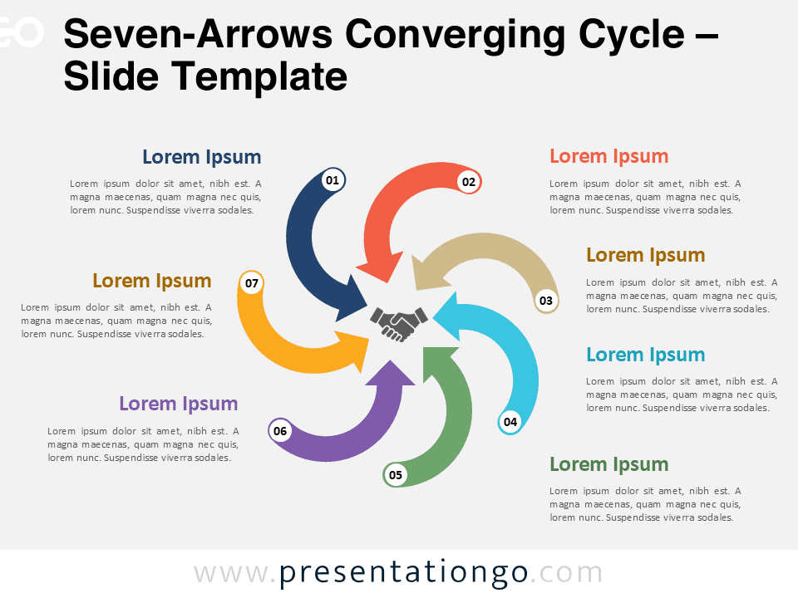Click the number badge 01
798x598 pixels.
click(x=332, y=179)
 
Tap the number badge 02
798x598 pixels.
click(x=469, y=182)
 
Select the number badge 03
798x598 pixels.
click(x=545, y=301)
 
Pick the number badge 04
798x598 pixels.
click(x=510, y=422)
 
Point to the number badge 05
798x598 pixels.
click(x=396, y=475)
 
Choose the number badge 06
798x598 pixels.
click(x=280, y=431)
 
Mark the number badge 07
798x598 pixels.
click(x=252, y=283)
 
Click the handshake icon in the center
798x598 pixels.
click(x=399, y=323)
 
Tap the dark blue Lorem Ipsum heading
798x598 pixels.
click(x=201, y=157)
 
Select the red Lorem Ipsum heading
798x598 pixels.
click(x=608, y=156)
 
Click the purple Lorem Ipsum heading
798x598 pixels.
click(x=178, y=404)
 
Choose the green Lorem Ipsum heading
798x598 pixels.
click(x=608, y=464)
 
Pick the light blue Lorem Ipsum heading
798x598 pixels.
click(x=645, y=355)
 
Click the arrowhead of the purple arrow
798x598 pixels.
click(x=388, y=373)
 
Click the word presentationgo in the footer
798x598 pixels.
click(x=404, y=572)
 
